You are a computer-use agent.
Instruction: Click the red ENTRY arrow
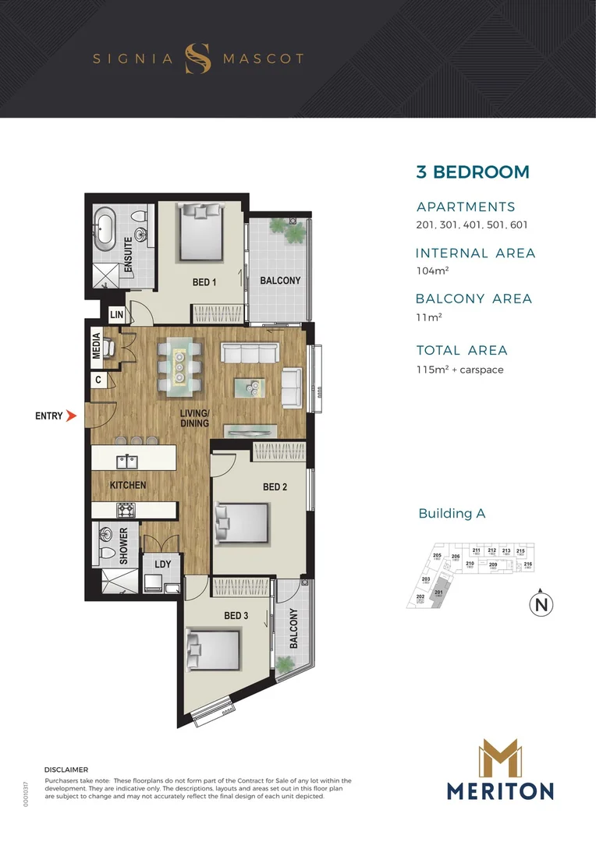(x=71, y=416)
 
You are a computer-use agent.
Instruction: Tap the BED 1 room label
(x=204, y=282)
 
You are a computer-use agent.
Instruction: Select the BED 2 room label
(x=275, y=487)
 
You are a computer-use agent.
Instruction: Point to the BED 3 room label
(x=236, y=616)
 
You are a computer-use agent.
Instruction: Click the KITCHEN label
(x=128, y=485)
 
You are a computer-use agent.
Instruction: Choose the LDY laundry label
(x=162, y=564)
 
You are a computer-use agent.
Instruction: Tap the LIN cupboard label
(x=117, y=314)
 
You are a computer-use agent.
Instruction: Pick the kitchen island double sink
(x=128, y=462)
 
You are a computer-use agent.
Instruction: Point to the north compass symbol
(x=539, y=604)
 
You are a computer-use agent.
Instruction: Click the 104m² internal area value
(x=432, y=271)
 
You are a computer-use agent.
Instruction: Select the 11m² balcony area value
(x=428, y=317)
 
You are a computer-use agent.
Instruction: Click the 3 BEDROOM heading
(x=472, y=172)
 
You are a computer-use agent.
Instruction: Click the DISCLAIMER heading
(x=67, y=769)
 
